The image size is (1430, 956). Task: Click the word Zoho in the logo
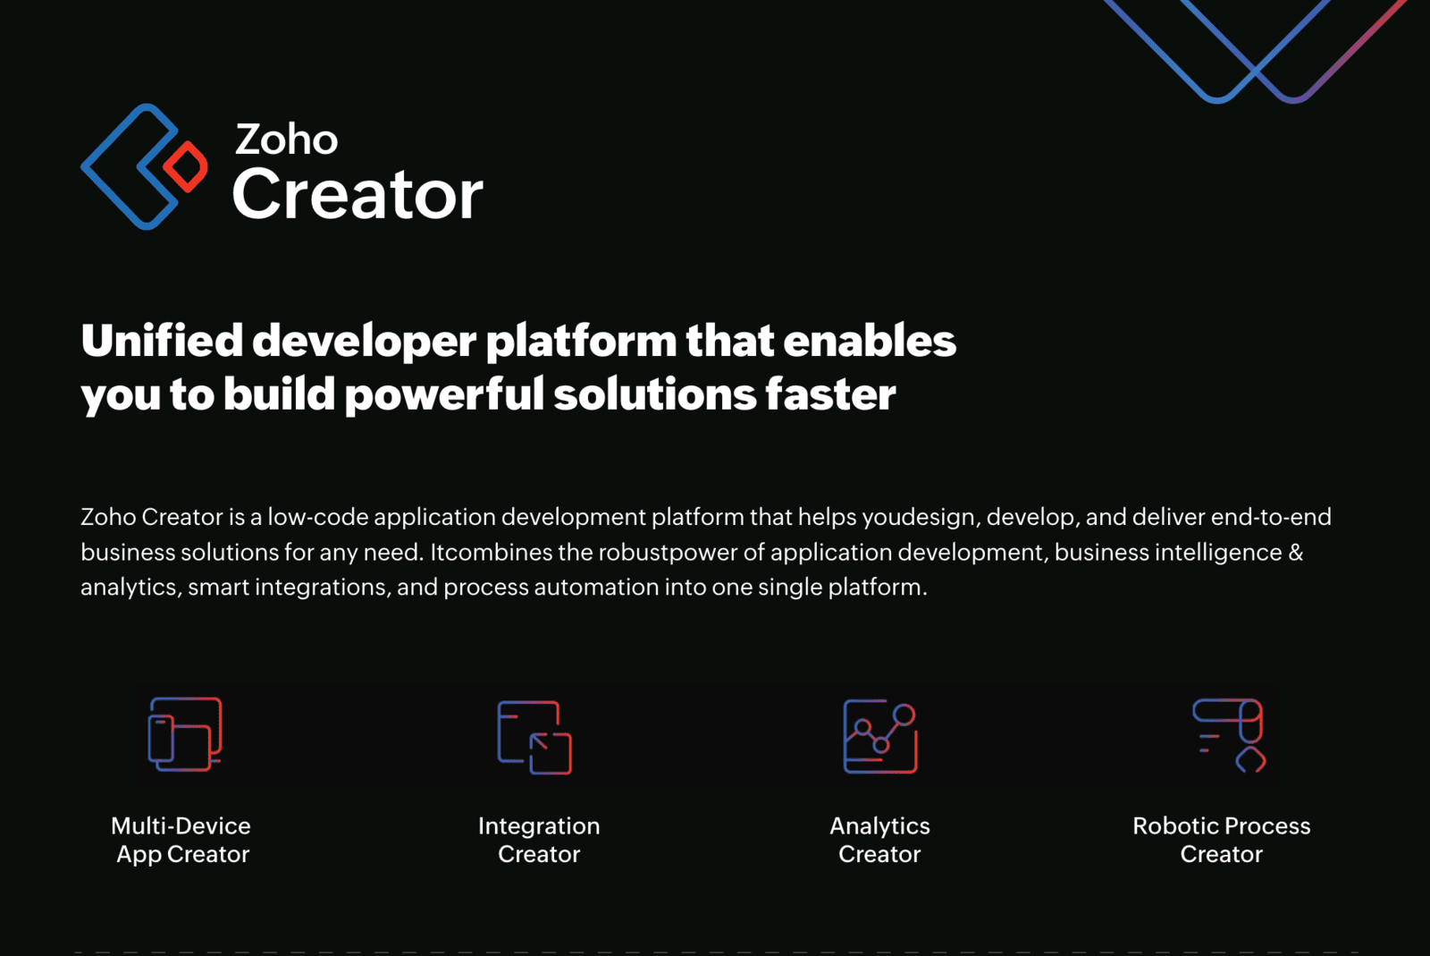click(x=286, y=140)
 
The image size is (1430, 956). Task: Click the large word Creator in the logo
click(x=357, y=194)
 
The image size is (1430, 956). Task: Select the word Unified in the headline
click(x=162, y=341)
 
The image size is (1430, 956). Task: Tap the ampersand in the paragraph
click(x=1296, y=553)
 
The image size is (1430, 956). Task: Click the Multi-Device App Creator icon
click(x=185, y=734)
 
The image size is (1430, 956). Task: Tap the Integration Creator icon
click(x=534, y=737)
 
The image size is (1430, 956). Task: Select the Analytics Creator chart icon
click(x=880, y=737)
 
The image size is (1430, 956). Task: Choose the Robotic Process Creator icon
click(x=1230, y=735)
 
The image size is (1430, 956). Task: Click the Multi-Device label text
click(x=181, y=825)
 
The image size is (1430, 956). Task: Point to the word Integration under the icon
click(x=539, y=825)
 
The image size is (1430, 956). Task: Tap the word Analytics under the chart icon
click(x=879, y=825)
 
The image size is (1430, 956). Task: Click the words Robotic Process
click(x=1221, y=825)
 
